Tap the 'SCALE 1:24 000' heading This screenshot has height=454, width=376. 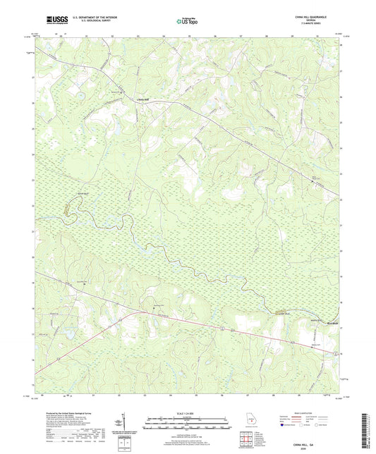187,412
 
